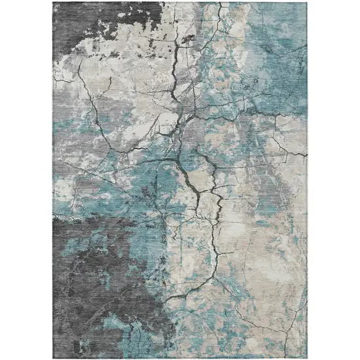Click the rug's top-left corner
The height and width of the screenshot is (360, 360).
[x=54, y=3]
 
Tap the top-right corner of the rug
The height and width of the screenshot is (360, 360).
[x=307, y=3]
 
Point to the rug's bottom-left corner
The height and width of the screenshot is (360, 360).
[x=54, y=357]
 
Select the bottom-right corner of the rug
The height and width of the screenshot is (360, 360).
[x=307, y=357]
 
